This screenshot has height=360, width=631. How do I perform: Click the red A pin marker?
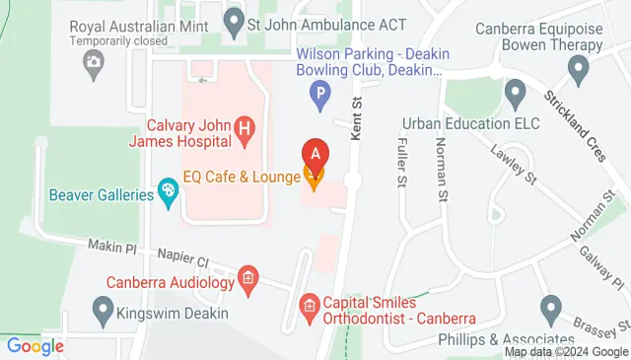coord(315,155)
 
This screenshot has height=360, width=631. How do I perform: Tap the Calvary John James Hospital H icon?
coord(245,127)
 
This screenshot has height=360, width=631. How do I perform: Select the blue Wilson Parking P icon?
coord(320,96)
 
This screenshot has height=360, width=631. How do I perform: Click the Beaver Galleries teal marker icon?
coord(169,194)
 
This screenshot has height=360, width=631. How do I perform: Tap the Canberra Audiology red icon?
coord(248,279)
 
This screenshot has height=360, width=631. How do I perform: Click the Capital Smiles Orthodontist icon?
coord(310,305)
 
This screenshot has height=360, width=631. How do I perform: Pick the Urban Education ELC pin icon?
coord(515,94)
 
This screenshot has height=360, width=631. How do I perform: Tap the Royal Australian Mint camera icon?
coord(93,64)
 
